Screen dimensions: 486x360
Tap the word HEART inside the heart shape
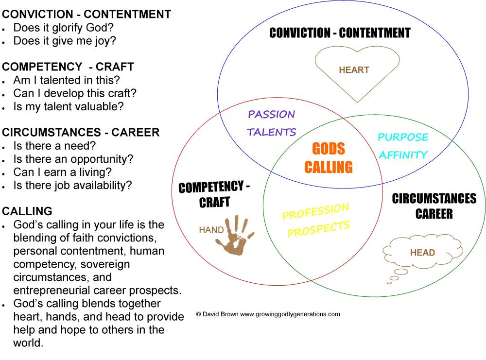(x=354, y=70)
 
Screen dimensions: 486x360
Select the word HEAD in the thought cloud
(x=422, y=253)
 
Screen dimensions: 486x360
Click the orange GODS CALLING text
(x=329, y=158)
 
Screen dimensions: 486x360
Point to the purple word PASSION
(x=271, y=115)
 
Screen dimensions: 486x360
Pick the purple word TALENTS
(x=271, y=132)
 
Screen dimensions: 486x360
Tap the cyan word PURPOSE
(x=403, y=137)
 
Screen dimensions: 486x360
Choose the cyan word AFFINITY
(x=403, y=155)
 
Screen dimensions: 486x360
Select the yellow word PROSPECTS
(x=318, y=229)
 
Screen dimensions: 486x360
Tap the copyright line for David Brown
(x=268, y=314)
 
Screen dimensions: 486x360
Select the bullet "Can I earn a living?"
(x=62, y=172)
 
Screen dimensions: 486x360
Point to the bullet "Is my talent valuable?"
(x=69, y=107)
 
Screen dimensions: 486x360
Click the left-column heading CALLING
(x=27, y=211)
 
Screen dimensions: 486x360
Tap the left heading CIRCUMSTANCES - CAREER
(x=81, y=132)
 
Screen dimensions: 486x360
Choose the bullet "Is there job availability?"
(x=72, y=185)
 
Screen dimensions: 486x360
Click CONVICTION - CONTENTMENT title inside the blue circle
(x=340, y=33)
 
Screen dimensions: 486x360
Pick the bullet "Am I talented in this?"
(x=67, y=80)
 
